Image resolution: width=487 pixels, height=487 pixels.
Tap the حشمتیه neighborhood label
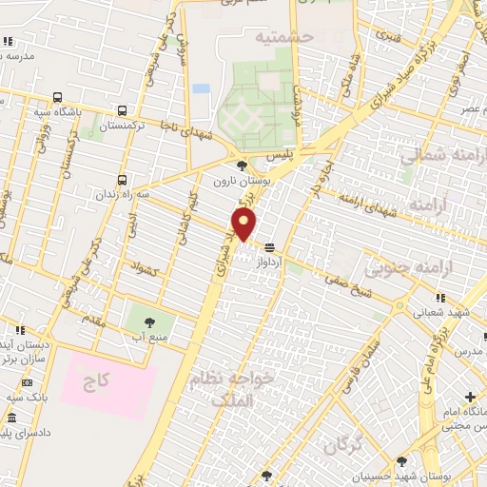click(282, 37)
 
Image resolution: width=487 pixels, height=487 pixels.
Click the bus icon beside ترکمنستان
click(121, 109)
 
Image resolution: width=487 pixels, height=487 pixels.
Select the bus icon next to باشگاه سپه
click(59, 97)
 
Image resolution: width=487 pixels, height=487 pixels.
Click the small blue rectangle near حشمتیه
click(201, 88)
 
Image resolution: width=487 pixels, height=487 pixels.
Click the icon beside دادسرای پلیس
click(10, 419)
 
